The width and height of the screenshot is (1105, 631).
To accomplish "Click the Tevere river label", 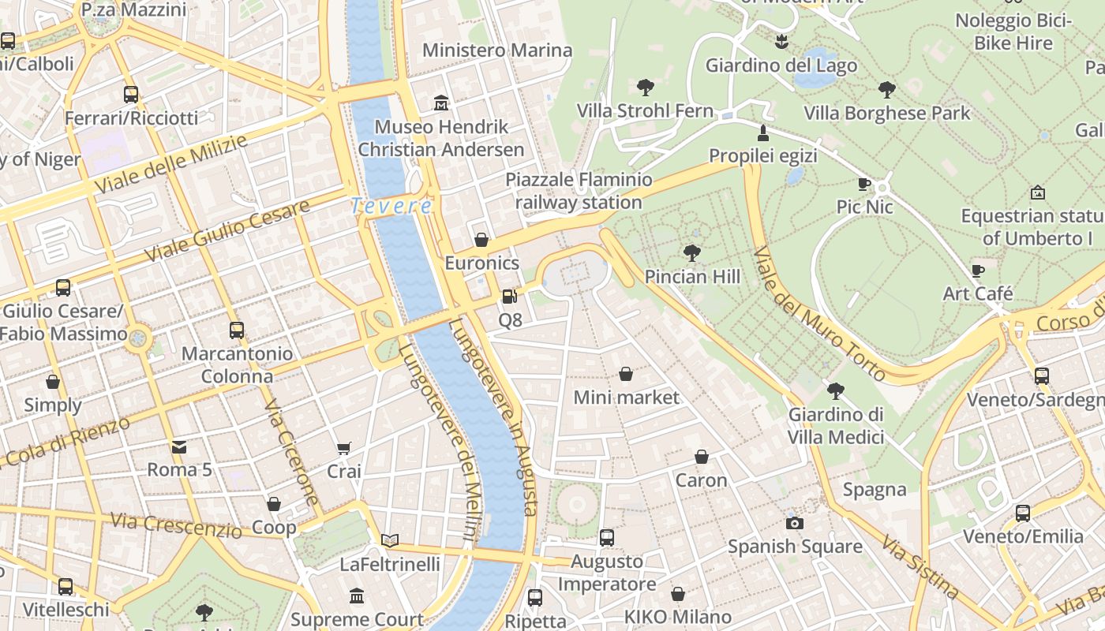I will [x=391, y=206].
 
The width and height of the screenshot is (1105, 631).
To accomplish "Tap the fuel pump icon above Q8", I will [x=510, y=297].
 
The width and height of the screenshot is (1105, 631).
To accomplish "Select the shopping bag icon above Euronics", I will [x=481, y=240].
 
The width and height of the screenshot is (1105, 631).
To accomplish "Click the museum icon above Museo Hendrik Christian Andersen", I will [x=440, y=103].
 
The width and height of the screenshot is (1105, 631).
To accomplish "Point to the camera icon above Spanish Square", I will [x=795, y=523].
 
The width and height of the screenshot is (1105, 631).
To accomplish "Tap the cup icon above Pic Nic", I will [x=864, y=185].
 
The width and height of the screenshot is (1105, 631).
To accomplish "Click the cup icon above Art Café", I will [x=978, y=271].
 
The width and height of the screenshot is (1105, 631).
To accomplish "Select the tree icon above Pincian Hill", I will [x=692, y=253].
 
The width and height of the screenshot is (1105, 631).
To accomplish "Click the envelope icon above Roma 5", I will [x=179, y=447].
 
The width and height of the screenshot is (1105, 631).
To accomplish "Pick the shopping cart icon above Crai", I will [x=344, y=449].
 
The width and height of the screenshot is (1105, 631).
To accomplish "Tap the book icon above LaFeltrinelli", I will [x=390, y=541].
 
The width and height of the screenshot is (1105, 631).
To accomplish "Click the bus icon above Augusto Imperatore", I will [x=607, y=538].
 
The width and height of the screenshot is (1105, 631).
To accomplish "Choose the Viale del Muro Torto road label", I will [x=819, y=313].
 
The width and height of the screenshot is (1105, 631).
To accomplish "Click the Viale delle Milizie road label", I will [x=170, y=163].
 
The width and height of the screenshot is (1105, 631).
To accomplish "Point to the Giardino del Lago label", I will [x=781, y=65].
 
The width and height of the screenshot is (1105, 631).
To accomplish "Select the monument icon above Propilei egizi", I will [x=762, y=132].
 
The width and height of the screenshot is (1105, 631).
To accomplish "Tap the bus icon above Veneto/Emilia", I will [x=1023, y=513].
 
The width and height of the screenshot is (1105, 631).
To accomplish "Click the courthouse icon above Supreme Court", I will [x=357, y=596].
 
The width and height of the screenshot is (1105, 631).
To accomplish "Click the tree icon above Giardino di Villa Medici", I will [x=836, y=391].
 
